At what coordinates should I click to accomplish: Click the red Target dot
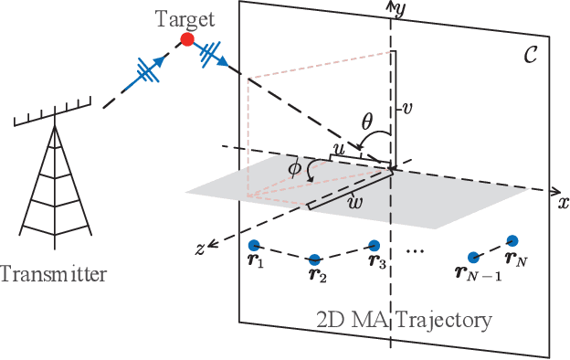(x=187, y=39)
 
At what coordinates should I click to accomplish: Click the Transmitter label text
(x=53, y=273)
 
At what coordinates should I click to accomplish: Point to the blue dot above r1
(x=255, y=245)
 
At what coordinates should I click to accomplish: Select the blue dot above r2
(x=315, y=259)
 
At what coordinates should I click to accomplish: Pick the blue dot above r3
(x=374, y=245)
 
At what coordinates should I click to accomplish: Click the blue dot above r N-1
(x=472, y=258)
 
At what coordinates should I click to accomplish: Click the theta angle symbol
(x=367, y=120)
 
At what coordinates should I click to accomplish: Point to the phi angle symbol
(x=294, y=170)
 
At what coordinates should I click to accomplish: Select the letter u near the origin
(x=337, y=147)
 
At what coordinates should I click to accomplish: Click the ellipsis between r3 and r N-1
(x=416, y=249)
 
